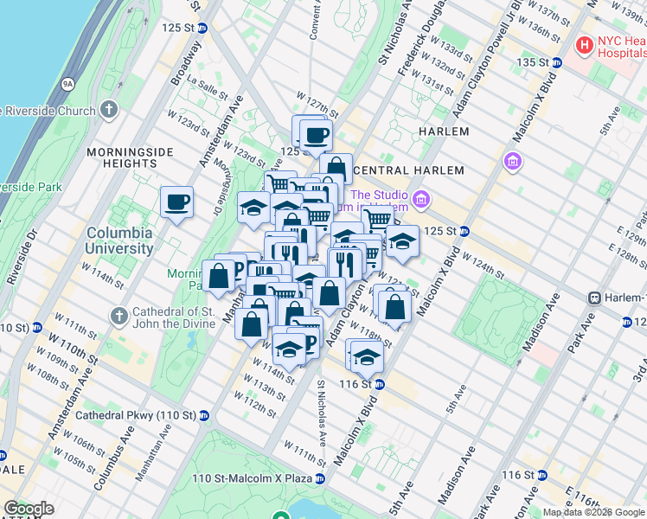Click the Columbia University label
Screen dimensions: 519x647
click(x=119, y=240)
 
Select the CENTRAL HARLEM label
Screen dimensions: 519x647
click(x=409, y=170)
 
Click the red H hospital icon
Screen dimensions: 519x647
click(x=586, y=43)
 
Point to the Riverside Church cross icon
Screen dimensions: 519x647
click(x=108, y=110)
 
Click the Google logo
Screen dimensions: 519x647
click(x=29, y=509)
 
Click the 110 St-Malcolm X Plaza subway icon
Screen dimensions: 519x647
click(x=320, y=478)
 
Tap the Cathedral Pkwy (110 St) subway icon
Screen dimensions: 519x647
click(x=204, y=414)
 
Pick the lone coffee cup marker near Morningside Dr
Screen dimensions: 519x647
click(x=177, y=202)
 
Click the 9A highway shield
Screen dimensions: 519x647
click(x=67, y=84)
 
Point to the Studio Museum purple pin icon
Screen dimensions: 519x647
click(x=421, y=201)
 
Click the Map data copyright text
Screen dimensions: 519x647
click(x=593, y=512)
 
